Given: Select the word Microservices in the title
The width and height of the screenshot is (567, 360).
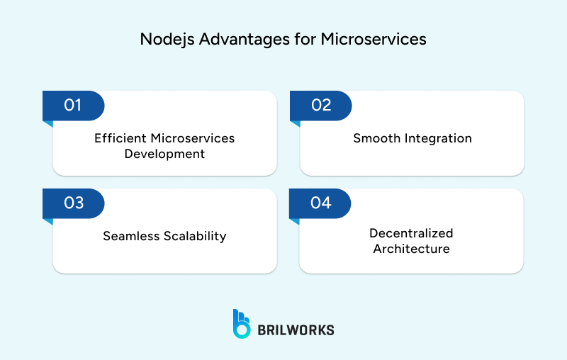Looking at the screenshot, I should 374,40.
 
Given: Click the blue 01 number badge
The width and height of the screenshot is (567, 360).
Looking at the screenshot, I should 73,106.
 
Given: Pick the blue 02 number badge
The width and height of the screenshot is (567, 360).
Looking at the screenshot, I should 321,106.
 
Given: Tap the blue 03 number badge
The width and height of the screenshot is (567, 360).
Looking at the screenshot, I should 73,203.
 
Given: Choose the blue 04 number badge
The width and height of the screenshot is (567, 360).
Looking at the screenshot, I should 321,203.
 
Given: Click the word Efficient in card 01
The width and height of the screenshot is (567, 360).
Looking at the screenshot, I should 120,137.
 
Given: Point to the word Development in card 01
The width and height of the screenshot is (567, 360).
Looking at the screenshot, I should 164,153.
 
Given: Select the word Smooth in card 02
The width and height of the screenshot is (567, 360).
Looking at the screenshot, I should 376,138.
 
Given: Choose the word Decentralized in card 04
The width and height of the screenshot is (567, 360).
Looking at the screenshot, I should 411,233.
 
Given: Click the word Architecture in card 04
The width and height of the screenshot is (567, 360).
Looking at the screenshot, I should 411,249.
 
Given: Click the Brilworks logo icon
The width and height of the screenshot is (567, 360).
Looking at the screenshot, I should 242,323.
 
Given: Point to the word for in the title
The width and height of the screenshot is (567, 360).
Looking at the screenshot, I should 305,40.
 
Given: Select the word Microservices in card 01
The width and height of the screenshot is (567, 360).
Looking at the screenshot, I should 193,137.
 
